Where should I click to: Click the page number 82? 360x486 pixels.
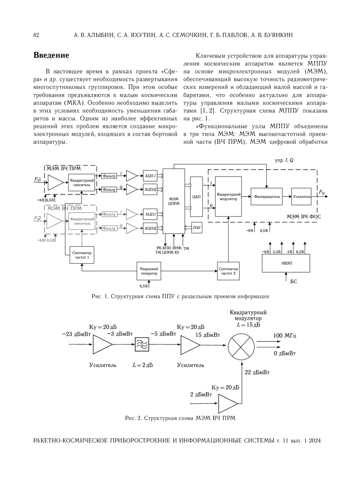(36, 35)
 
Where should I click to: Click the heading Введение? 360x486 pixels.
(51, 55)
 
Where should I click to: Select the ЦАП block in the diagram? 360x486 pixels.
(196, 197)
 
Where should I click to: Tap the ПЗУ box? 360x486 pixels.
(197, 228)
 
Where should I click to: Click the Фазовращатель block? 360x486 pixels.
(266, 197)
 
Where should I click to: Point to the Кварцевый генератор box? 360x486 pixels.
(148, 271)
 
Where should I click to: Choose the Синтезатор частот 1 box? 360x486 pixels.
(82, 255)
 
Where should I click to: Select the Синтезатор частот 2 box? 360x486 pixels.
(228, 271)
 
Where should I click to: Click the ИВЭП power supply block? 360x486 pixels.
(286, 263)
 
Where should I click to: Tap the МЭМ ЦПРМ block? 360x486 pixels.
(174, 201)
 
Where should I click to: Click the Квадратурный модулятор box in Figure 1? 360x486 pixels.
(228, 197)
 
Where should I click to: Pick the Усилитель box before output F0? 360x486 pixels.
(301, 197)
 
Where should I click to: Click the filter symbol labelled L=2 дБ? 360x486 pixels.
(142, 345)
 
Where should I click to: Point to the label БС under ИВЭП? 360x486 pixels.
(294, 282)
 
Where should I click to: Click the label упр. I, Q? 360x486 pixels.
(284, 160)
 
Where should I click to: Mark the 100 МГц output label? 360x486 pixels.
(285, 335)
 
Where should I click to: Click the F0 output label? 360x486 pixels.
(322, 192)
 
